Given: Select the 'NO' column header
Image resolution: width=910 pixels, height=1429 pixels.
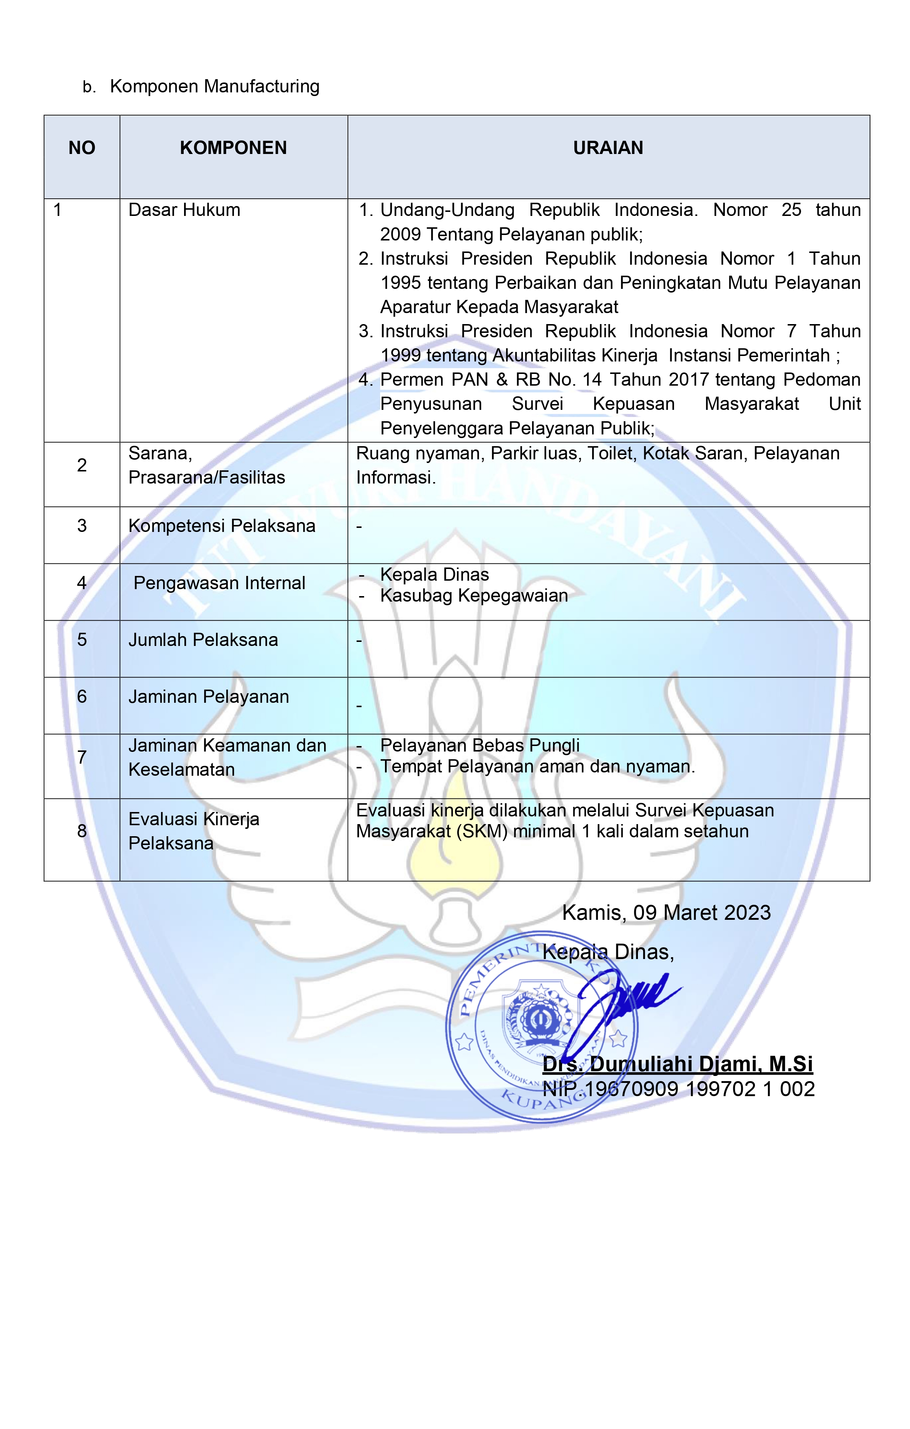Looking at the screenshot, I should click(x=82, y=148).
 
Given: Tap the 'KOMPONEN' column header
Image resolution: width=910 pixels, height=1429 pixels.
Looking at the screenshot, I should click(x=233, y=148).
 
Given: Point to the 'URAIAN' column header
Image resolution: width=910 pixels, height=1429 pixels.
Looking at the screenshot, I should click(x=608, y=148).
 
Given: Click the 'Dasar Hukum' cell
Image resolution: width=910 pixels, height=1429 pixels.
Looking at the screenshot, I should click(x=184, y=210).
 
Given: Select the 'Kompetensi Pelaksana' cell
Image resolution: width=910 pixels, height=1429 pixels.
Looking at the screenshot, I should click(x=221, y=526).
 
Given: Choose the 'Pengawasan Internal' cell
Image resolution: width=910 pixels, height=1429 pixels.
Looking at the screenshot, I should click(x=219, y=583).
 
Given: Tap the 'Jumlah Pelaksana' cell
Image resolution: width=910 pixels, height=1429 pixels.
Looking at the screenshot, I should click(x=203, y=640).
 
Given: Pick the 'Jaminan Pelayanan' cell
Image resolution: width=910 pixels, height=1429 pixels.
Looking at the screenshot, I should click(x=208, y=697).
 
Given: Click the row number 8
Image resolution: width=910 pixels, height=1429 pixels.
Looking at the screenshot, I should click(x=82, y=831).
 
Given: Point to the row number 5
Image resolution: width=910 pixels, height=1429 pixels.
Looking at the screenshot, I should click(x=82, y=640).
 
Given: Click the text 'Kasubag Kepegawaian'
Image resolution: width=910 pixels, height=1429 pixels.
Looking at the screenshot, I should click(x=474, y=595).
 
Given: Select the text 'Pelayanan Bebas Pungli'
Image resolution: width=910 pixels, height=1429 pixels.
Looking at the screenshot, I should click(x=480, y=745).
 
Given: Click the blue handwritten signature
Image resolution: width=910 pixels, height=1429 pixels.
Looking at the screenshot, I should click(x=623, y=1003).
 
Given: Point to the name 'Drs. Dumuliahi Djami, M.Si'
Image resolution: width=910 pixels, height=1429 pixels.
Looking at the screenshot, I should click(x=677, y=1064).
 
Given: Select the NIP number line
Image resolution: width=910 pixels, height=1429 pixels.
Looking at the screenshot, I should click(x=679, y=1089).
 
